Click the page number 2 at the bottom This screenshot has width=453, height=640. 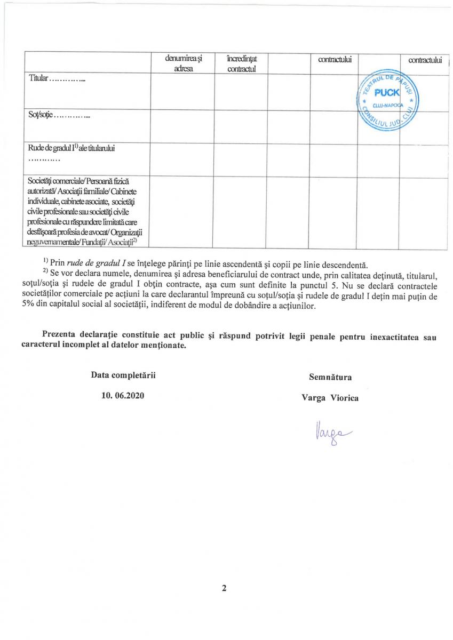pyautogui.click(x=224, y=589)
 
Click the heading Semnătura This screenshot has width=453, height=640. pyautogui.click(x=330, y=377)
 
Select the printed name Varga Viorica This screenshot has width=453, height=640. pyautogui.click(x=330, y=397)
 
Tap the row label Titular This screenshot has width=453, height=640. pyautogui.click(x=38, y=79)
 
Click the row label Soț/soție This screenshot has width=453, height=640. pyautogui.click(x=41, y=115)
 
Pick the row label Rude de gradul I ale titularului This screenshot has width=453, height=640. pyautogui.click(x=72, y=148)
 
